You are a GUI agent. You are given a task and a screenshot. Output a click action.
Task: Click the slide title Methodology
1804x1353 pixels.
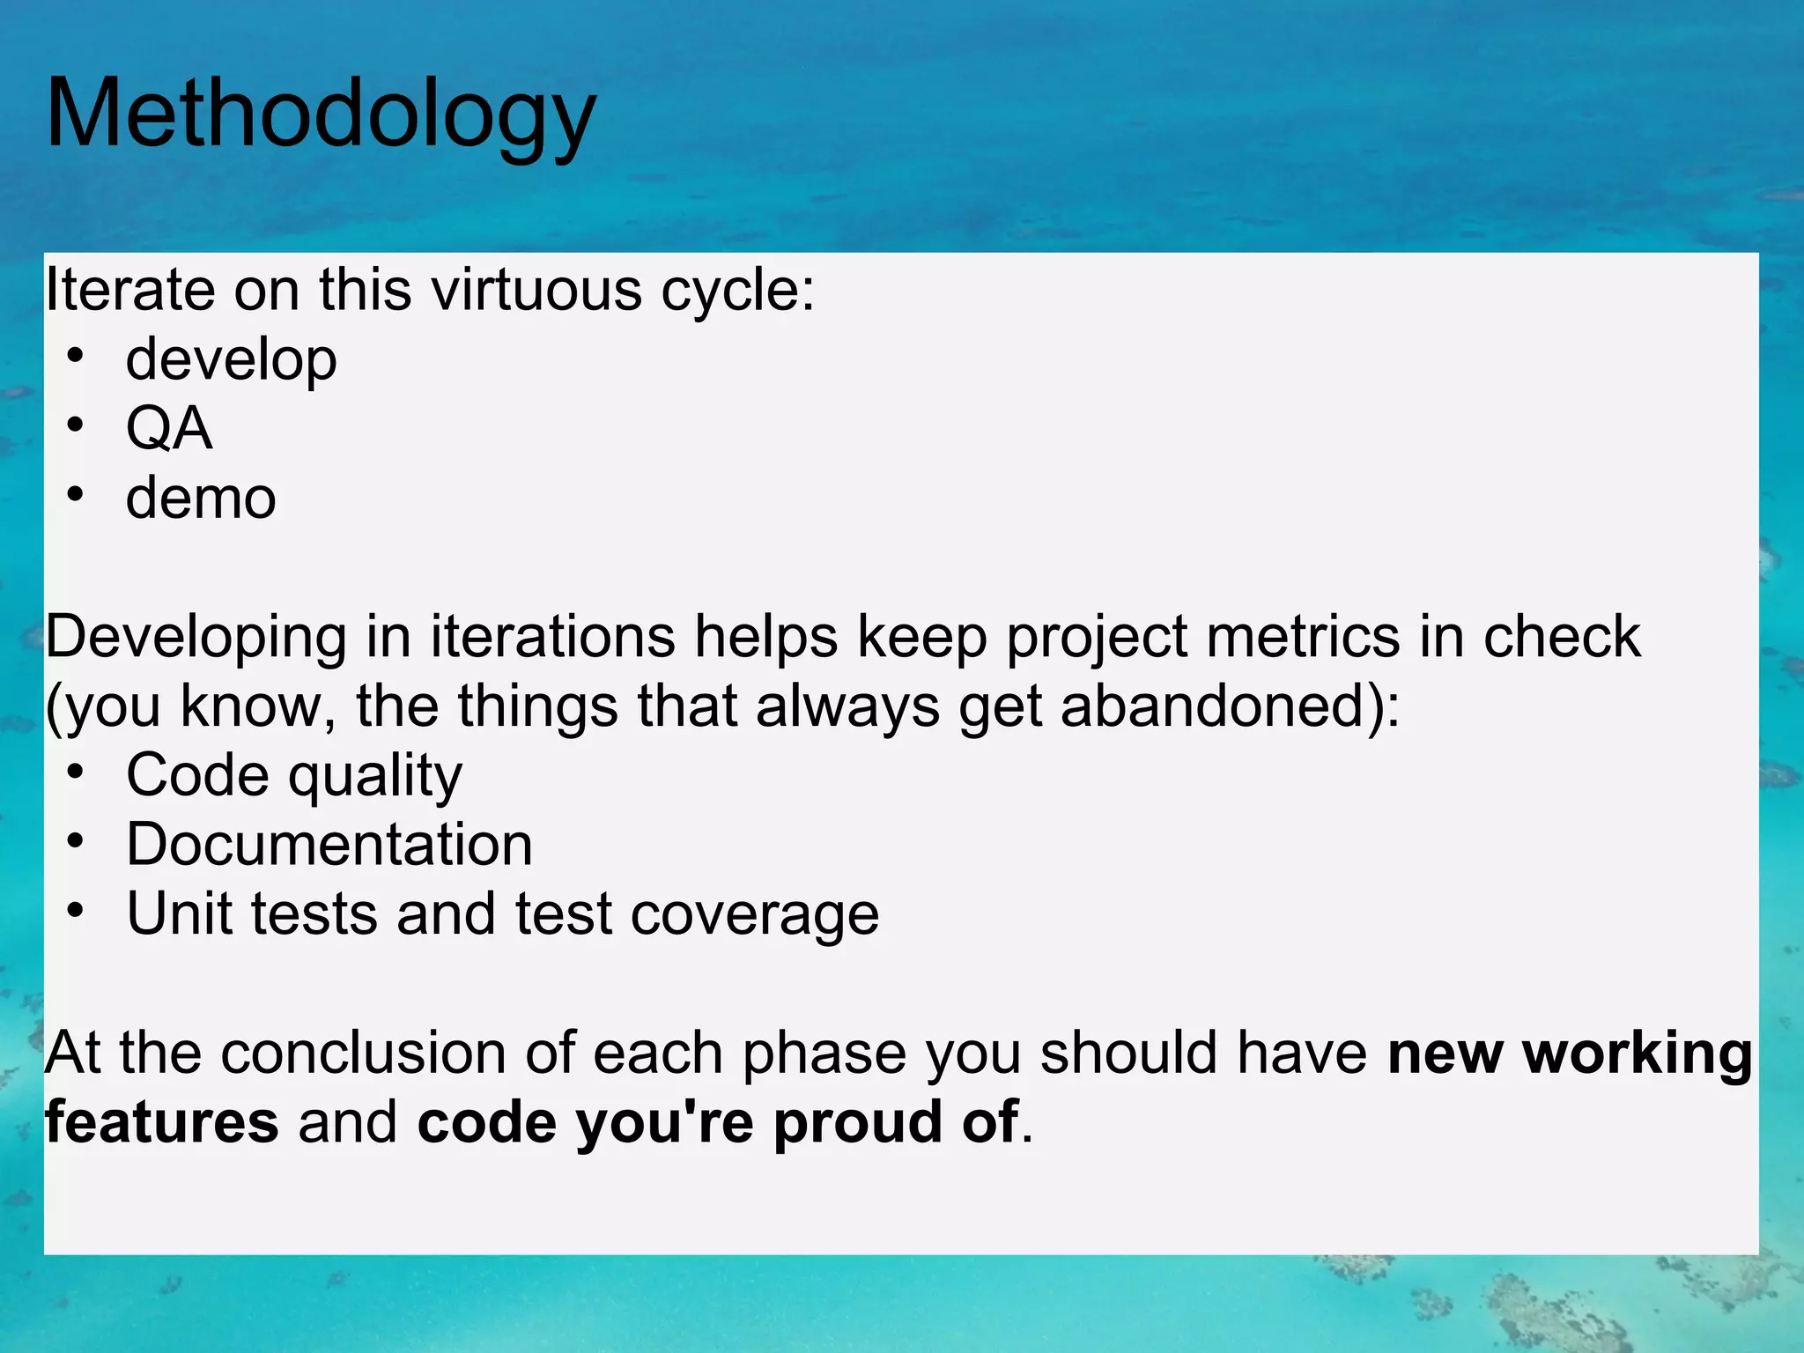tap(321, 115)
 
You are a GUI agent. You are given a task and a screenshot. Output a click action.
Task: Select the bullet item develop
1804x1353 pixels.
tap(231, 359)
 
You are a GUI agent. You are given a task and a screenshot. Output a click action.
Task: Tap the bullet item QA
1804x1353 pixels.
tap(169, 429)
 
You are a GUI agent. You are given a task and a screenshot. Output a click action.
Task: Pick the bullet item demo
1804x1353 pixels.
tap(201, 498)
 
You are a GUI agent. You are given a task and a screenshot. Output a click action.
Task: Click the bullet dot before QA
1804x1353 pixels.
tap(76, 425)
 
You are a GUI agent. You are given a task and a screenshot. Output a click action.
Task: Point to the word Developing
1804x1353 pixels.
tap(196, 636)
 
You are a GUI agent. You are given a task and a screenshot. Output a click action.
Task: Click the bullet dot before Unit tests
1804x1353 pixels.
tap(76, 911)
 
